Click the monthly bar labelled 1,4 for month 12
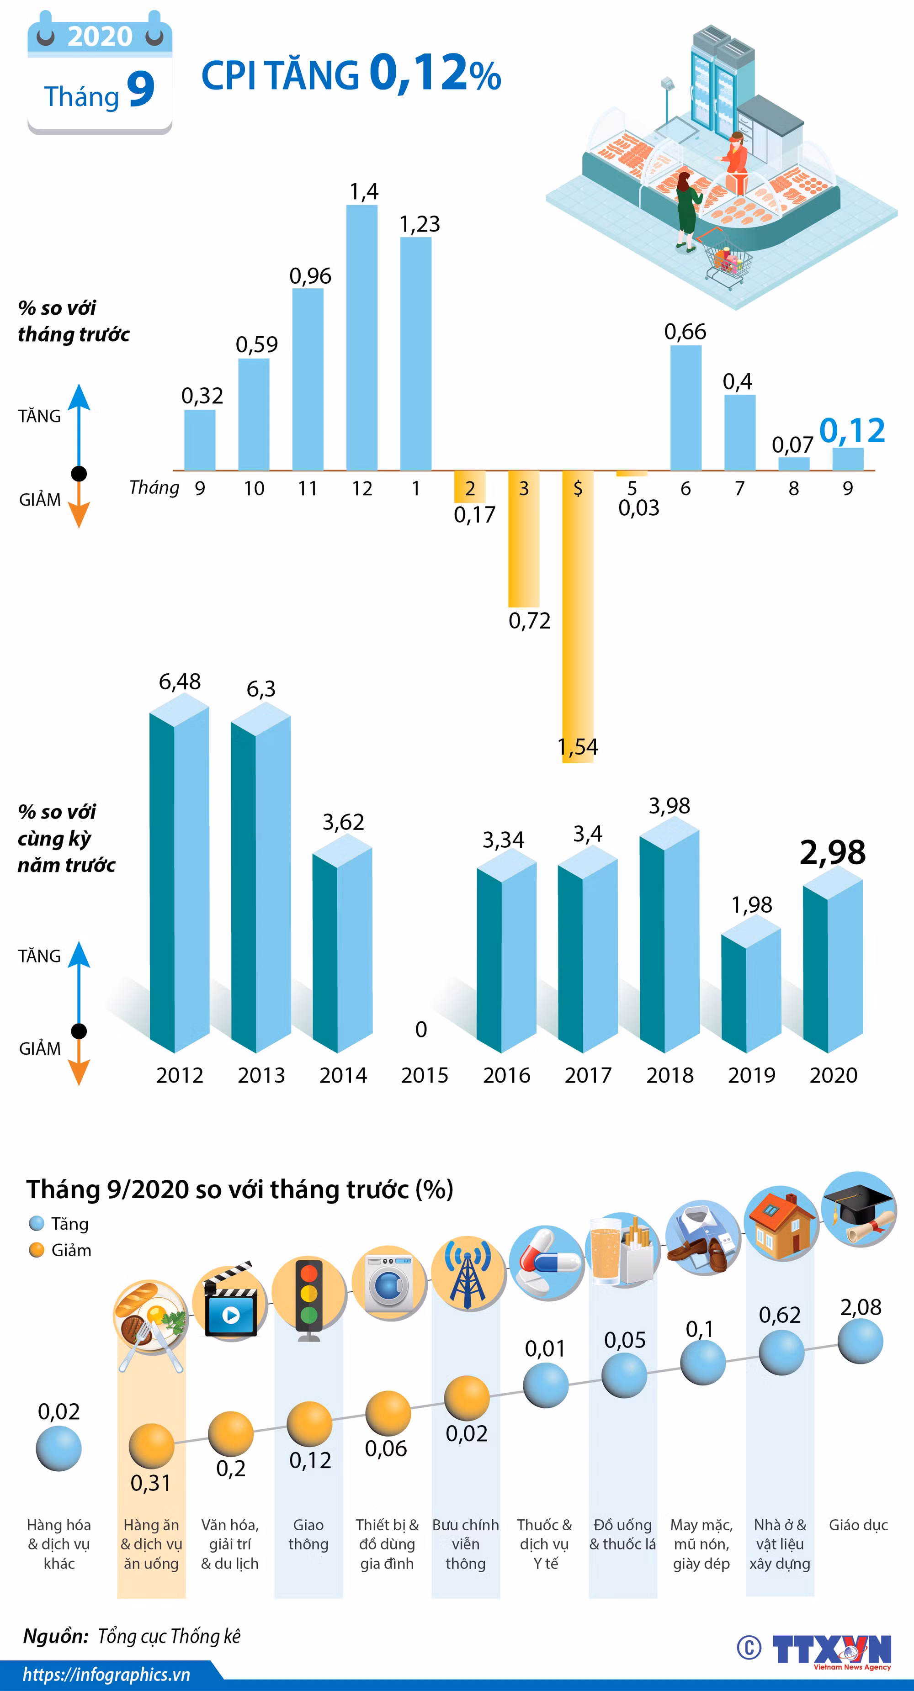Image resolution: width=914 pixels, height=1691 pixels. pos(362,338)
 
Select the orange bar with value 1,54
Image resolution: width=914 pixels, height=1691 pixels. pos(578,616)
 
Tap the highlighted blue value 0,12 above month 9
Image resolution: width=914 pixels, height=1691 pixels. pos(852,431)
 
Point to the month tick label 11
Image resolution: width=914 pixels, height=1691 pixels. pos(307,488)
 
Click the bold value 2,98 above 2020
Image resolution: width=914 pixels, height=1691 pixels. pos(833,852)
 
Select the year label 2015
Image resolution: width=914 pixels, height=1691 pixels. pos(424,1075)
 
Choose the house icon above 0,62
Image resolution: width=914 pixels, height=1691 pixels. pos(781,1223)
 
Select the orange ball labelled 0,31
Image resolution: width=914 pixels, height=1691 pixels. pos(152,1446)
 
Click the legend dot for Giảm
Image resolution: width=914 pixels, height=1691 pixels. pos(37,1250)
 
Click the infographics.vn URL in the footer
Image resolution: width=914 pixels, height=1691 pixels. pos(106,1675)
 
